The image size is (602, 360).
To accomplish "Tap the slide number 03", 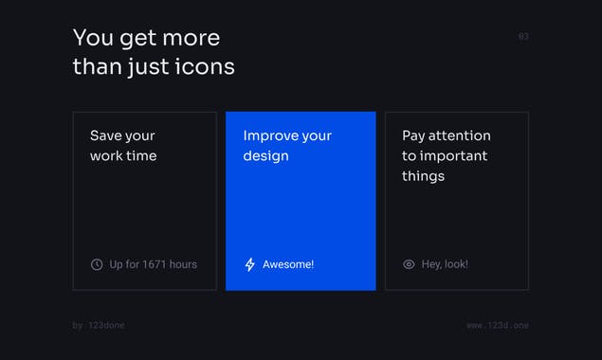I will (x=523, y=37).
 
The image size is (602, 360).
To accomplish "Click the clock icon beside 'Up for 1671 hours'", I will (x=97, y=264).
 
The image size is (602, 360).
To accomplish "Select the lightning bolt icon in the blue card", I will (x=250, y=264).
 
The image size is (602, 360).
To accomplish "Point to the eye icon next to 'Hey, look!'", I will (x=409, y=264).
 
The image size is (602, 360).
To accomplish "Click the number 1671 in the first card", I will (x=155, y=264).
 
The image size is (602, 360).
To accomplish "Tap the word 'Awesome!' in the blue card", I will (x=288, y=264).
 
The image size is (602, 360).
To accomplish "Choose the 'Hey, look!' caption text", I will (x=445, y=264).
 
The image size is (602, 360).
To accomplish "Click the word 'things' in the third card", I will (x=423, y=176).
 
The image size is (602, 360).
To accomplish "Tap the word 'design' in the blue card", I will (x=265, y=155).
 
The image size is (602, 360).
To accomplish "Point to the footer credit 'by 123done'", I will (x=99, y=325).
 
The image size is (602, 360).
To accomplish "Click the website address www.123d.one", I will (x=498, y=325).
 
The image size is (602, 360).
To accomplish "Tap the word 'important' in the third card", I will (x=454, y=155).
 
